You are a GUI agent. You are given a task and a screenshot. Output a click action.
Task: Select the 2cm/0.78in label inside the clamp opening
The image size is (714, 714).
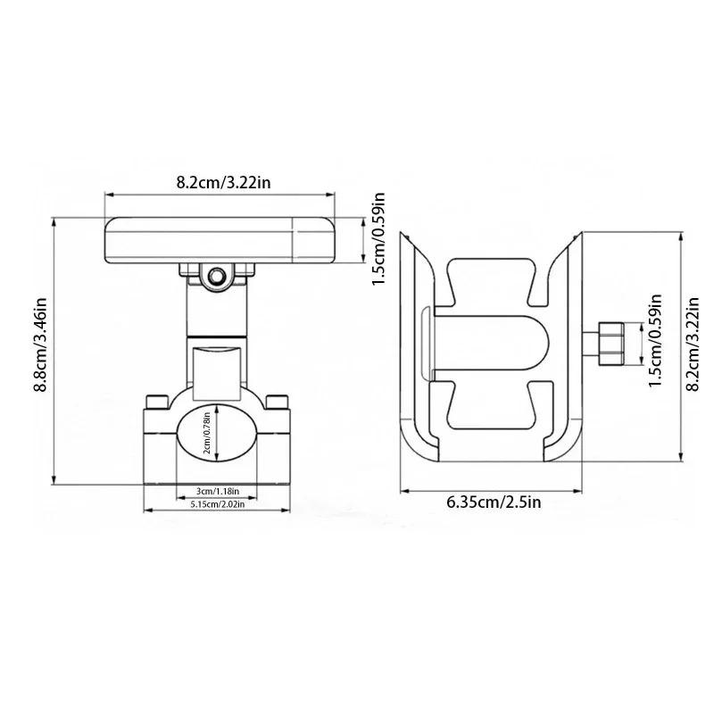207,434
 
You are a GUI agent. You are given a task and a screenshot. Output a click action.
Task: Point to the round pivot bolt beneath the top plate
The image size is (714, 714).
214,278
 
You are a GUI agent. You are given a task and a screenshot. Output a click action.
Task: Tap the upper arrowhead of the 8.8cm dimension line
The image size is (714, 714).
54,221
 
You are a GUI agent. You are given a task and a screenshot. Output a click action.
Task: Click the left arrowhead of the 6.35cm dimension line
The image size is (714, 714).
403,489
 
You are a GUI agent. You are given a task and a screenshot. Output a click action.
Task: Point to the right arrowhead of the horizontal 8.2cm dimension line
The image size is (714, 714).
335,194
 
